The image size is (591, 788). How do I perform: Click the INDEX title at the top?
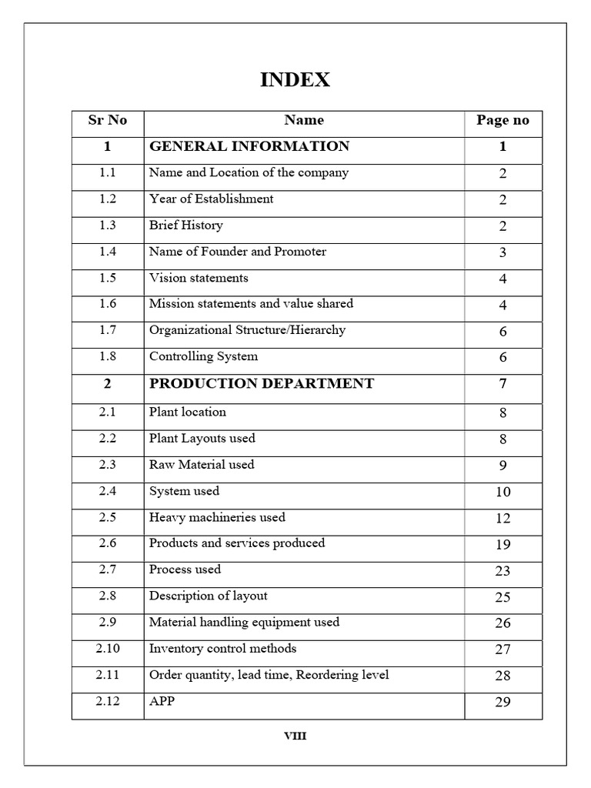295,80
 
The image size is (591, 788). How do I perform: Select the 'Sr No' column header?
108,120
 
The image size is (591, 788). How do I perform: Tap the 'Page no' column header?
503,120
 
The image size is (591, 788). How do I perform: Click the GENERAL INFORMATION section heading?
249,146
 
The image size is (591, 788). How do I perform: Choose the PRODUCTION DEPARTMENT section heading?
262,383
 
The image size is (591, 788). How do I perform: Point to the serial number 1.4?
108,252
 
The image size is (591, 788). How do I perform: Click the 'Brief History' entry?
185,225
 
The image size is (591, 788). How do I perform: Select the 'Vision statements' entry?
199,278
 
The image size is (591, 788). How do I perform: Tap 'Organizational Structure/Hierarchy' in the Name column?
247,330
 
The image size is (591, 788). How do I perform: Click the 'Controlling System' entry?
203,356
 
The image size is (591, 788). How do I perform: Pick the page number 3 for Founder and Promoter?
503,252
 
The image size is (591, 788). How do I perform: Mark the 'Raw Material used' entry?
202,465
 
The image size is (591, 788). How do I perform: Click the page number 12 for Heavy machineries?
503,519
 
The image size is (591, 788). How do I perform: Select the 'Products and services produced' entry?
237,543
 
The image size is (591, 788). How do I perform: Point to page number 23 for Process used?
503,571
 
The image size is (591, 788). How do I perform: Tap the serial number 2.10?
108,649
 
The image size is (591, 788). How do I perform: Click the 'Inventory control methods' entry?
222,649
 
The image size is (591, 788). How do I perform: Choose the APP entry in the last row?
162,702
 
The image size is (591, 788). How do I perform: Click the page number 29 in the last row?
503,703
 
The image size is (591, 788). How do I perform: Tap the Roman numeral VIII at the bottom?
295,736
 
